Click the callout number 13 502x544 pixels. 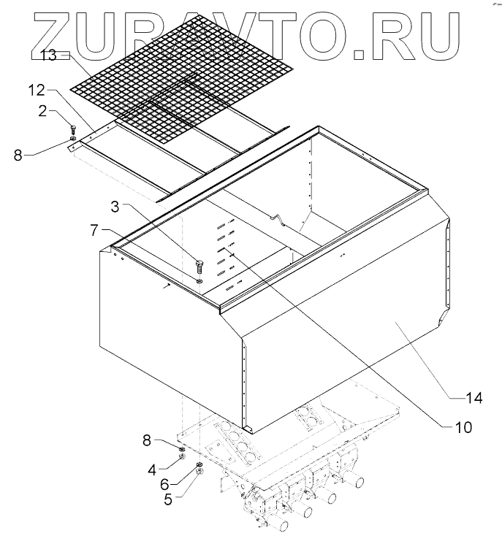click(x=49, y=55)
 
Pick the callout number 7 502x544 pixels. click(x=94, y=229)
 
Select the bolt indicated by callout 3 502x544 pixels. click(x=199, y=265)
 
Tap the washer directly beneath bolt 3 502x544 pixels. click(x=199, y=279)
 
